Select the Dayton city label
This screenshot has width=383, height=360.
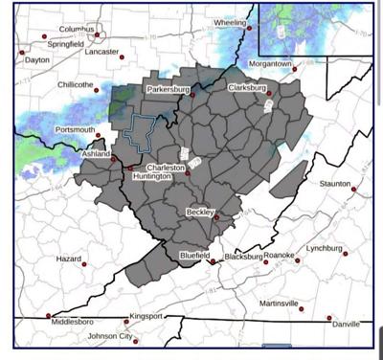(36, 59)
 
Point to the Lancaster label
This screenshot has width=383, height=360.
(101, 52)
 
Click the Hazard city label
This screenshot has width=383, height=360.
(68, 259)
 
